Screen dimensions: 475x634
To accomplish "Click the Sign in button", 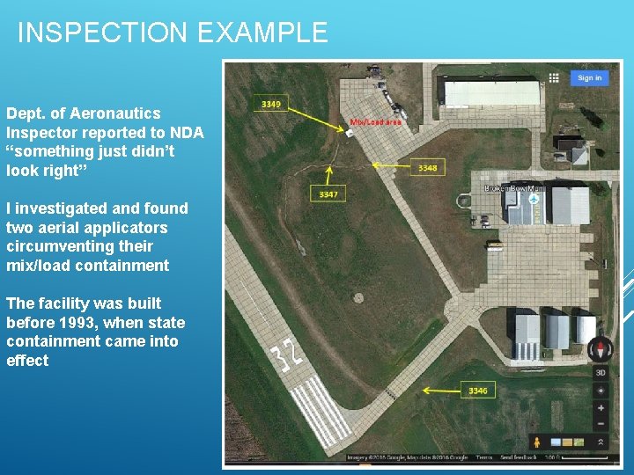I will coord(589,77).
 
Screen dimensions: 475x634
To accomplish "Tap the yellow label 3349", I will coord(271,104).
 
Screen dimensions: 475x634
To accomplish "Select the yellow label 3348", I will coord(427,167).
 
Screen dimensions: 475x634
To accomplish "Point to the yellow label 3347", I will coord(328,194).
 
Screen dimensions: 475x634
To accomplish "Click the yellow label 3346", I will coord(477,391).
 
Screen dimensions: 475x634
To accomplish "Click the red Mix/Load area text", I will coord(375,122).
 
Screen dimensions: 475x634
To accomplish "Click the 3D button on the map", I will coord(601,372).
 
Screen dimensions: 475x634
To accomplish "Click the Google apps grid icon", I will coord(553,77).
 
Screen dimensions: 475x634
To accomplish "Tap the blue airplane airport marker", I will coord(534,200).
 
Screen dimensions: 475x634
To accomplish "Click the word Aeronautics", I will coord(118,113).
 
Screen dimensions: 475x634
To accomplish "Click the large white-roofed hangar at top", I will coord(491,92).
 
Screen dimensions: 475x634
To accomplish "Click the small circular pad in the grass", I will coord(358,297).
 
